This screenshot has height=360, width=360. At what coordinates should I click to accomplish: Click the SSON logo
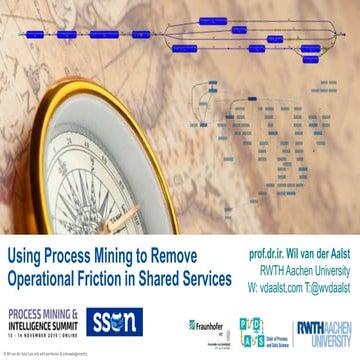pyautogui.click(x=98, y=322)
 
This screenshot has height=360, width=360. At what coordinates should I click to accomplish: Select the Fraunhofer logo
pyautogui.click(x=206, y=325)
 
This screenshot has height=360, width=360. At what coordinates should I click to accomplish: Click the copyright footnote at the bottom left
pyautogui.click(x=45, y=352)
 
